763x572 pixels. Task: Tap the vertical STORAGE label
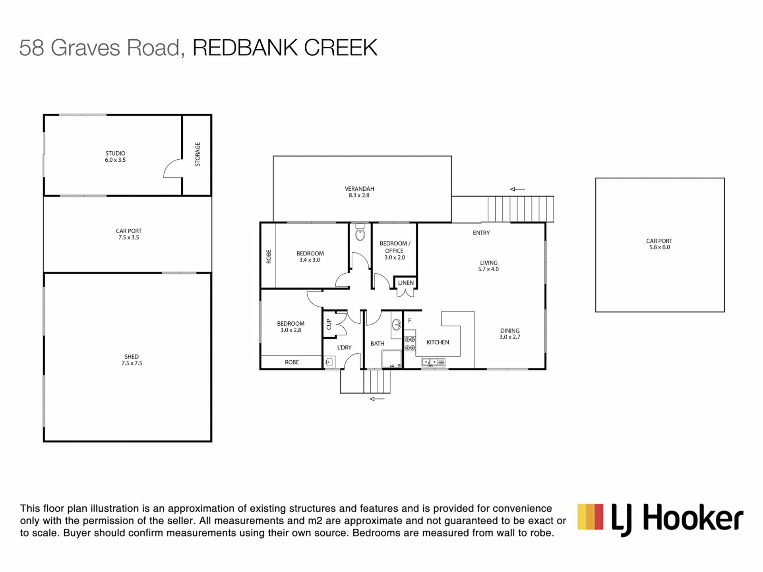(x=198, y=154)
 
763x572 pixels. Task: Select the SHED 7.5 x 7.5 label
(x=132, y=360)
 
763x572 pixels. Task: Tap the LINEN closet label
(x=406, y=283)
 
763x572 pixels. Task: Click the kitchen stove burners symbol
(x=410, y=344)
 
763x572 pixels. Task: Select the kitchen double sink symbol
(x=433, y=362)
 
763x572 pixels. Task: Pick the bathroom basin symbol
(x=396, y=325)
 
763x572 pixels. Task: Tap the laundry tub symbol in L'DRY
(x=329, y=362)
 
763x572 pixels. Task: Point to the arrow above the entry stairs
(x=517, y=189)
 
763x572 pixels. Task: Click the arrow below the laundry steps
(x=377, y=399)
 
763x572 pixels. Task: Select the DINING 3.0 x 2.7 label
(x=510, y=334)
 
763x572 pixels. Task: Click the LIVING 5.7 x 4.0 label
(x=488, y=266)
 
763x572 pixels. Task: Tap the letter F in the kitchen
(x=409, y=321)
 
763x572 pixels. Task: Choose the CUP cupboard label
(x=329, y=324)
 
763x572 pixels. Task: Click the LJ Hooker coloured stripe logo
(x=591, y=516)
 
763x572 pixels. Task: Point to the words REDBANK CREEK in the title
(x=285, y=48)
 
